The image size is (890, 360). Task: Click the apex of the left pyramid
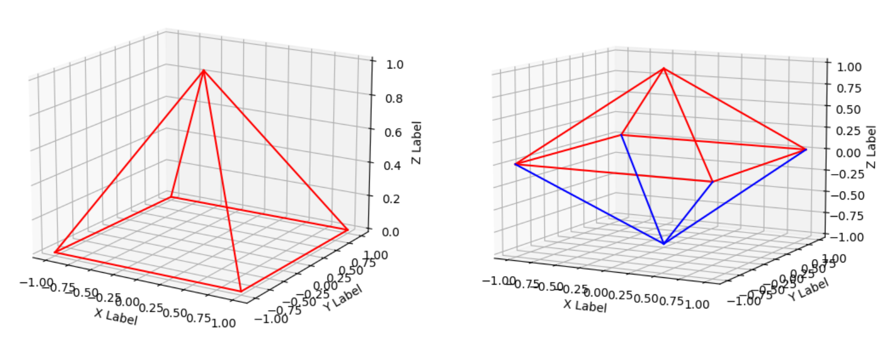203,71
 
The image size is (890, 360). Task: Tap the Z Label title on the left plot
417,142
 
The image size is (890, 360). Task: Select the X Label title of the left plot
116,316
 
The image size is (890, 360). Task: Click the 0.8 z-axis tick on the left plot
391,98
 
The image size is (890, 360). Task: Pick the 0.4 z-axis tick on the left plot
391,165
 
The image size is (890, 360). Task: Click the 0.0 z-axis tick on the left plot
391,231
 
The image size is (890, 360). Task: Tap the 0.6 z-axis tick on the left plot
391,132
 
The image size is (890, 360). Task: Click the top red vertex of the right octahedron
663,69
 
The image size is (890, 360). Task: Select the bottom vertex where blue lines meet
663,244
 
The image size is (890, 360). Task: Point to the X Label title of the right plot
584,306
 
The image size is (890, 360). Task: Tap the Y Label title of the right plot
808,289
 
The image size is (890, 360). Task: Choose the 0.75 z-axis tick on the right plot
849,88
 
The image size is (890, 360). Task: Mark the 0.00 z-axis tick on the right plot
849,153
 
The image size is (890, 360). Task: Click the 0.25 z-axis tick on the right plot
849,130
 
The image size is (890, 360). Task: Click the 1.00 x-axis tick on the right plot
696,304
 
